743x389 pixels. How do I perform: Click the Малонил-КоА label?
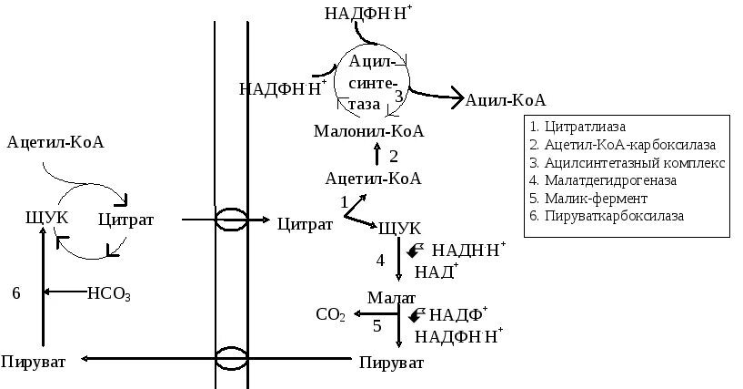[x=369, y=131]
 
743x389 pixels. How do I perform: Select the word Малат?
[x=391, y=298]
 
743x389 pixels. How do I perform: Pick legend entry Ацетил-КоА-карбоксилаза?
[x=622, y=145]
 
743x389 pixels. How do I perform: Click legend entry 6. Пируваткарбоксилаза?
[x=606, y=217]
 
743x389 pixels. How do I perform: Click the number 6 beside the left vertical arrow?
[x=15, y=293]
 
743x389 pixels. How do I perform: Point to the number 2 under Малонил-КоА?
[x=394, y=155]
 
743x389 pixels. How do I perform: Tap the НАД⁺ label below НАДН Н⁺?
[x=437, y=271]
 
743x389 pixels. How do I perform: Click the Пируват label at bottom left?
[x=34, y=362]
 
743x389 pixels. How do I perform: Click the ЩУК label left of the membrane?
[x=43, y=219]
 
